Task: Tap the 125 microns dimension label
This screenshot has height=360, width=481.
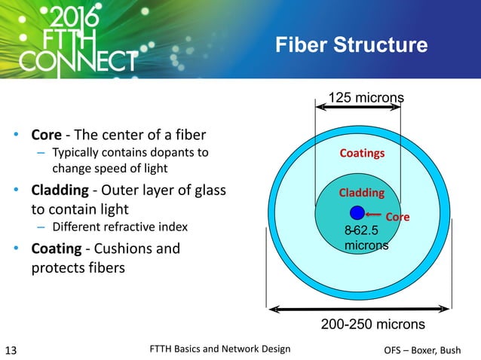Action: click(366, 97)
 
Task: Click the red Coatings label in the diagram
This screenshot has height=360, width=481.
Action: click(362, 153)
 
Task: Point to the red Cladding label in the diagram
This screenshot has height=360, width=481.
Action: click(361, 193)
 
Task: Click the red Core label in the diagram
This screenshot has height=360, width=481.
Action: click(397, 217)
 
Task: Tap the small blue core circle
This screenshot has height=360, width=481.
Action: click(357, 212)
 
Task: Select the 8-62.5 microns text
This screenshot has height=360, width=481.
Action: click(366, 238)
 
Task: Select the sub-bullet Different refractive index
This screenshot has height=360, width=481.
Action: click(118, 227)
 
